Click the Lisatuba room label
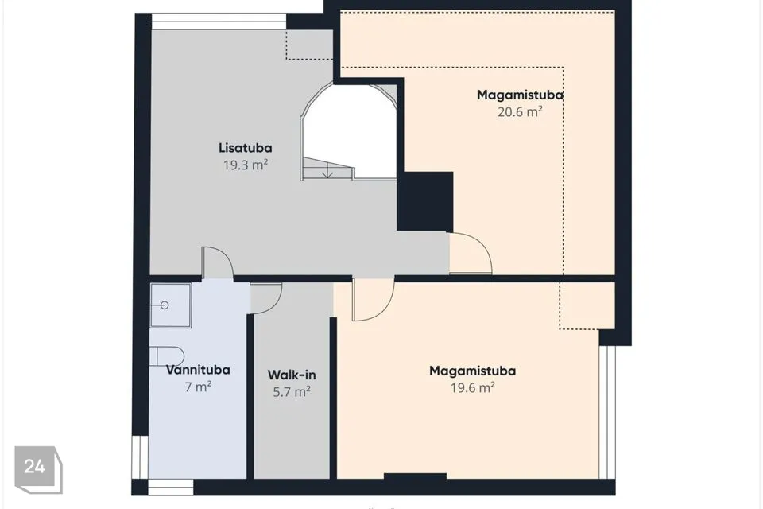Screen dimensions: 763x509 [246, 148]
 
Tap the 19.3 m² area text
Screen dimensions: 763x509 [246, 165]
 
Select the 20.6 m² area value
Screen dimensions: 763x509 [520, 111]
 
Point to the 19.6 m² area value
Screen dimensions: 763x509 [472, 388]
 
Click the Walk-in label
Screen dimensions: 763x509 [292, 375]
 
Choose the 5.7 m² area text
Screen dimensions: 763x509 [292, 391]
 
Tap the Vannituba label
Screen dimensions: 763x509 [198, 370]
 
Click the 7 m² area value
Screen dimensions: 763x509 [198, 387]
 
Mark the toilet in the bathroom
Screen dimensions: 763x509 [166, 356]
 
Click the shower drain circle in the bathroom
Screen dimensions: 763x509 [165, 305]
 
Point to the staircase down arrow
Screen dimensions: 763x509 [327, 170]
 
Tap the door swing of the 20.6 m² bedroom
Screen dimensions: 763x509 [470, 253]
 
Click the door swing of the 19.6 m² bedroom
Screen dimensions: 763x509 [374, 300]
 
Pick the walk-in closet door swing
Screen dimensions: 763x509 [266, 298]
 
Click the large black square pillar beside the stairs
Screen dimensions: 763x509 [425, 201]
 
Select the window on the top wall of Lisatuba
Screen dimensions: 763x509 [219, 21]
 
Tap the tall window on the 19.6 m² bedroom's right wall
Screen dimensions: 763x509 [606, 412]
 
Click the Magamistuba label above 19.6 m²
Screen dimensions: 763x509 [472, 371]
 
